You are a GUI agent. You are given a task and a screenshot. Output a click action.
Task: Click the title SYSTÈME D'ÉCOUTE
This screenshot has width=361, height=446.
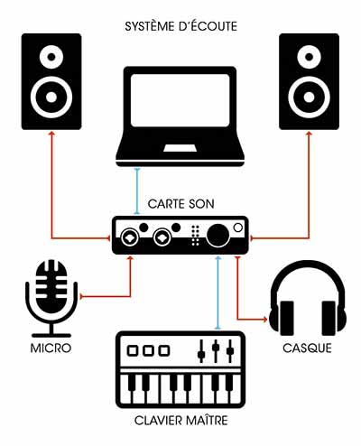(180, 26)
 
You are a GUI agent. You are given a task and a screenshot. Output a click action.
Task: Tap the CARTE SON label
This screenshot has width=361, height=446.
(180, 204)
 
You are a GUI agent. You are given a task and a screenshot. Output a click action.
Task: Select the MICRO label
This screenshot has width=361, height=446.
(51, 348)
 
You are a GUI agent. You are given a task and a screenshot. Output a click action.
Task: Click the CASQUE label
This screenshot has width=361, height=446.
(307, 348)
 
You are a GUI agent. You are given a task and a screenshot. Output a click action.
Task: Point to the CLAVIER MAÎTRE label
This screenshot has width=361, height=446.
(180, 420)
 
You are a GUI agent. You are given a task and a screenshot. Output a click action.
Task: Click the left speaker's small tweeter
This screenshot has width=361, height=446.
(51, 57)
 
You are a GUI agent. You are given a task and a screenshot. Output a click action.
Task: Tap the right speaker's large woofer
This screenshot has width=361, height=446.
(309, 98)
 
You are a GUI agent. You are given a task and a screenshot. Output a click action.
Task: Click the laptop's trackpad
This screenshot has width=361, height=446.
(180, 148)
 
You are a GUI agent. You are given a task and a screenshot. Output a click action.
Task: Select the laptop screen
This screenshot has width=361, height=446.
(180, 100)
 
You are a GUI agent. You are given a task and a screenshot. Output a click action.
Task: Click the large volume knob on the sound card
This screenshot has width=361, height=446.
(218, 236)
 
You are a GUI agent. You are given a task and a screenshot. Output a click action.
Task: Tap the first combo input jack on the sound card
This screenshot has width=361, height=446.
(130, 238)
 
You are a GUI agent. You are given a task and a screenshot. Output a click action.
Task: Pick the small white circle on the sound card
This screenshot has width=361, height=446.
(238, 228)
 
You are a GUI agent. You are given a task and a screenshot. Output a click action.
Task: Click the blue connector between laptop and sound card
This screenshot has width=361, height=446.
(137, 191)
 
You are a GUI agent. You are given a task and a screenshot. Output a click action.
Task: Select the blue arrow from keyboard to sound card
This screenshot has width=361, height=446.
(218, 293)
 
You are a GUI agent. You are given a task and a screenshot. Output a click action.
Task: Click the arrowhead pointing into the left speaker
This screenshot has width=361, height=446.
(51, 133)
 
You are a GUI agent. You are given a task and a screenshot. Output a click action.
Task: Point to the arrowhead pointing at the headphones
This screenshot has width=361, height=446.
(264, 319)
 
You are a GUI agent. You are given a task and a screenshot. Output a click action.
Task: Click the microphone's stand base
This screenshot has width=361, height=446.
(51, 335)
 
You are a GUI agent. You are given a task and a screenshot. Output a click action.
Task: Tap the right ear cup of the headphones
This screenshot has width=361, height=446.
(333, 319)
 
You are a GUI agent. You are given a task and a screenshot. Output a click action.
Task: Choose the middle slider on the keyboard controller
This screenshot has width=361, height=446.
(216, 350)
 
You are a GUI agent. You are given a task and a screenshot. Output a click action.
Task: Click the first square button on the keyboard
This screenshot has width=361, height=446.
(133, 351)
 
